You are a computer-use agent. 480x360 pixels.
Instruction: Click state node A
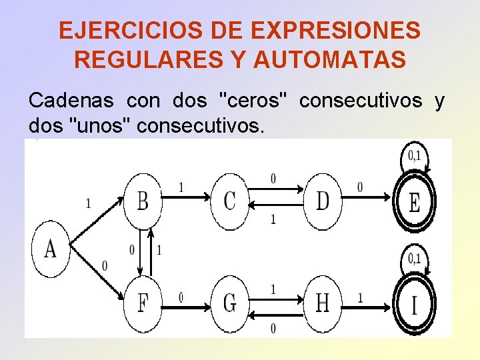coord(51,249)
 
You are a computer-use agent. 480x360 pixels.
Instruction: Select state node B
coord(143,201)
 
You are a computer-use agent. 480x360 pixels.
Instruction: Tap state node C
coord(230,201)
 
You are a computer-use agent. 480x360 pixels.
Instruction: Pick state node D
coord(323,201)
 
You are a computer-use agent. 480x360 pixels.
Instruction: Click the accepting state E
coord(414,202)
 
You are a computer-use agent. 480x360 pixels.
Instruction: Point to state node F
coord(143,303)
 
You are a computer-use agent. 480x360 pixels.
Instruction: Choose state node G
coord(230,303)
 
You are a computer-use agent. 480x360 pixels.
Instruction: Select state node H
coord(323,303)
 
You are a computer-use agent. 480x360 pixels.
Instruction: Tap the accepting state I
coord(414,305)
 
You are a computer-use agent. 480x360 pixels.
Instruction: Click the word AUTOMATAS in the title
coord(329,60)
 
